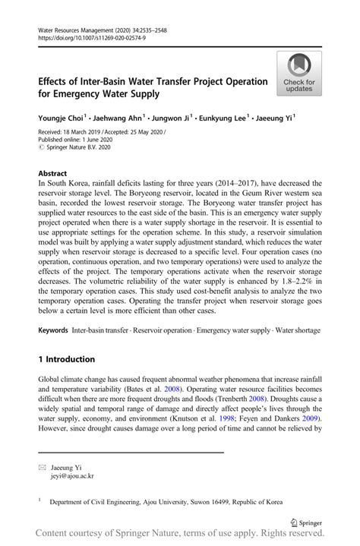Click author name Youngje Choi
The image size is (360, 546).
pyautogui.click(x=60, y=118)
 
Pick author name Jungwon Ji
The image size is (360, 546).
pyautogui.click(x=172, y=118)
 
